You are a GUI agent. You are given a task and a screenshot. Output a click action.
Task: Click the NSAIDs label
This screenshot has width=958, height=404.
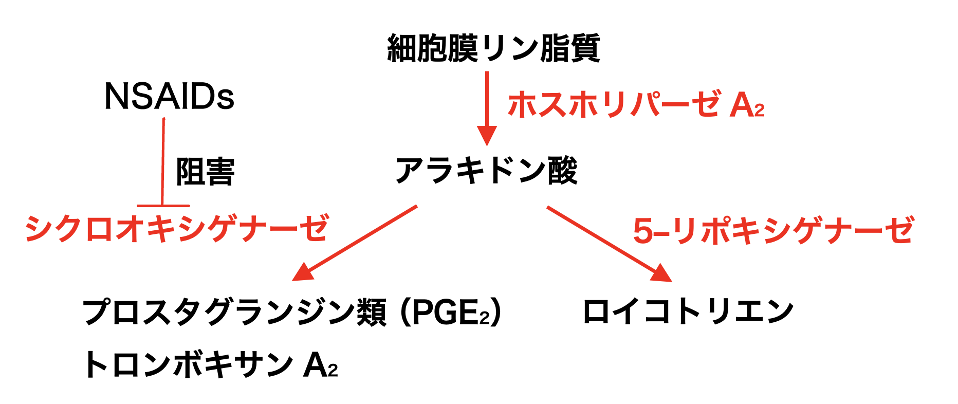coord(169,97)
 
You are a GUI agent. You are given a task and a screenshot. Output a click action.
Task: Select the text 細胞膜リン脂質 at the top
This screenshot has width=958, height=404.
coord(493,48)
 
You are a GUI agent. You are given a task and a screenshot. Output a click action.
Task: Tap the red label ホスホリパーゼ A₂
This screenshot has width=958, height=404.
coord(636,104)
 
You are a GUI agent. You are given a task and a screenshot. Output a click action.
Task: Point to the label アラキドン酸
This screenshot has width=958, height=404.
coord(486,171)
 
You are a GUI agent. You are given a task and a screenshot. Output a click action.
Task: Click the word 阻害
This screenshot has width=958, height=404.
coord(205,172)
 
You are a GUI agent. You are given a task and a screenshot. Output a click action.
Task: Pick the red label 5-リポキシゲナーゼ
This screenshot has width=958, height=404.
coord(773,231)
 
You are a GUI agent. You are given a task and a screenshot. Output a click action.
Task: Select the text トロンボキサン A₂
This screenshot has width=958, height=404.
coord(210,364)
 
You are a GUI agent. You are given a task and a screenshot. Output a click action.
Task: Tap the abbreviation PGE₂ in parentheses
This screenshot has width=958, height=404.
coord(451,313)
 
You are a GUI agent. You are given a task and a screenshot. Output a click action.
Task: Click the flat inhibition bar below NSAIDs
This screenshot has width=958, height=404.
coord(163,206)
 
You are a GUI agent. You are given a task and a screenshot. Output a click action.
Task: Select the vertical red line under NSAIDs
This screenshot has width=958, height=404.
coord(163,162)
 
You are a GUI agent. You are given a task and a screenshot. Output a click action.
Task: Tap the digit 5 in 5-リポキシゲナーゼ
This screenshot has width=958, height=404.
coord(643,231)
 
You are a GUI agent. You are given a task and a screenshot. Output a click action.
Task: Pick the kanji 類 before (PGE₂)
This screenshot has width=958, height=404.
coord(371,312)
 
